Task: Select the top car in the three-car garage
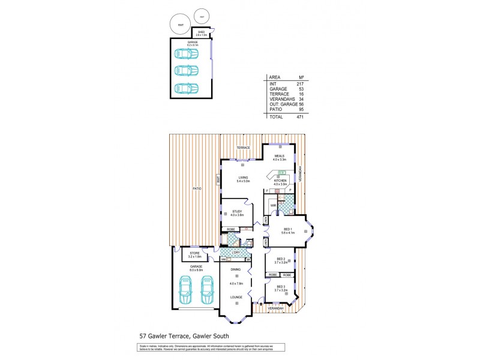click(186, 53)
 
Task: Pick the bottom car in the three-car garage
click(186, 88)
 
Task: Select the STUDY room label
click(236, 211)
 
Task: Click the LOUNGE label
click(237, 297)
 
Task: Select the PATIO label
click(196, 189)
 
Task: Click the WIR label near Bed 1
click(273, 205)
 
